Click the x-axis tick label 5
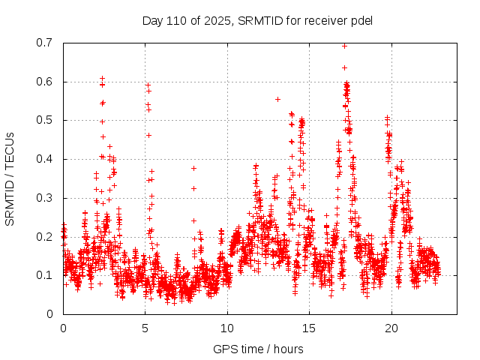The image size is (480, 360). (145, 328)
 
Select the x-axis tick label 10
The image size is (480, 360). (227, 328)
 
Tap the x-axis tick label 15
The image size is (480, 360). (309, 328)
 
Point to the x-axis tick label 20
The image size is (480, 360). (391, 328)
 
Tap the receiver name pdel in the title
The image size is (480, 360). (361, 20)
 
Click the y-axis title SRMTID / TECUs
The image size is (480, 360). (10, 178)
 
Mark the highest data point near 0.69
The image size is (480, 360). (344, 46)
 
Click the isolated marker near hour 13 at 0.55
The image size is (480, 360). (277, 99)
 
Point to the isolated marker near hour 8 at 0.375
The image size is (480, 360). (193, 168)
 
